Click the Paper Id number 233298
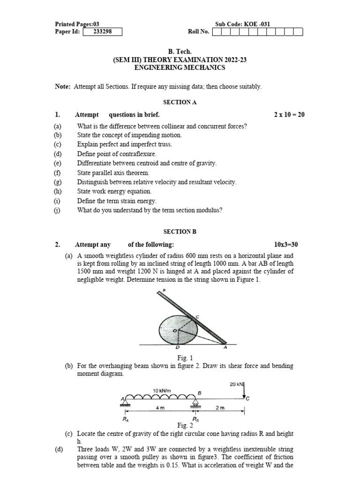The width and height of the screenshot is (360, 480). (x=102, y=32)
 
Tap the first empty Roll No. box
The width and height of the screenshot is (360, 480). (x=217, y=32)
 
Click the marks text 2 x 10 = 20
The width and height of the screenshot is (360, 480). (x=289, y=115)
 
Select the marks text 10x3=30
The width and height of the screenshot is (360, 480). (x=289, y=244)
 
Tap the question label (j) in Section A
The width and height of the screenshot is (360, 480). (x=58, y=210)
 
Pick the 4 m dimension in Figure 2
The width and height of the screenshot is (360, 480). (x=159, y=408)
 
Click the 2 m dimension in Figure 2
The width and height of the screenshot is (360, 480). (x=219, y=408)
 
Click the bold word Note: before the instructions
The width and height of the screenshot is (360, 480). (x=63, y=87)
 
